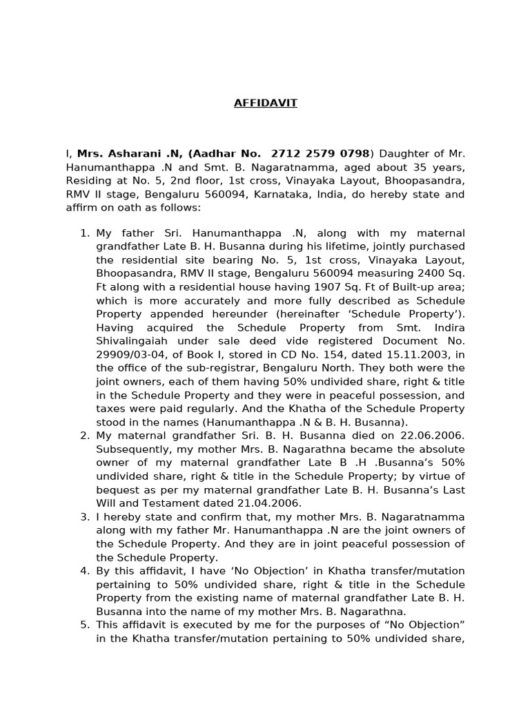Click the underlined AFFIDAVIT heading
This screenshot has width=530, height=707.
coord(265,103)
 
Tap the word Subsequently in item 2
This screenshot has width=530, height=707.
coord(128,449)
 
